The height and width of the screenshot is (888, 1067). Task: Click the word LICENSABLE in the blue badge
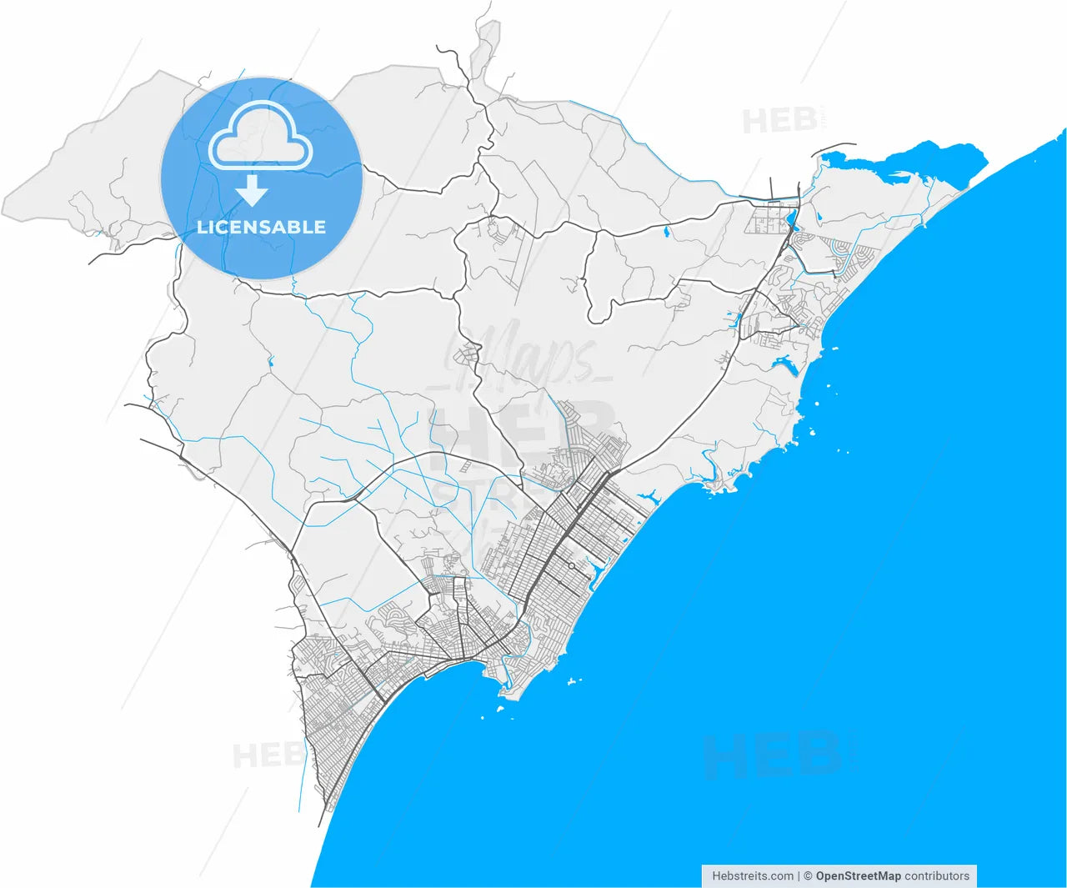(261, 227)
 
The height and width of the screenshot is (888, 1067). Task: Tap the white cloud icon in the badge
(260, 138)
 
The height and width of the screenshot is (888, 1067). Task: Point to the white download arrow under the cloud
(251, 193)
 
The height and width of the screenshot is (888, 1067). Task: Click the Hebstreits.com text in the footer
(753, 876)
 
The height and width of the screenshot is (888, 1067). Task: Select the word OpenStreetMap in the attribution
(858, 876)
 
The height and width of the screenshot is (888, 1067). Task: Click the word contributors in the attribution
(937, 876)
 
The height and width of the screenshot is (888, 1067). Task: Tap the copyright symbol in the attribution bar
(807, 876)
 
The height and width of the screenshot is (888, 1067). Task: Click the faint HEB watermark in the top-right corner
(780, 121)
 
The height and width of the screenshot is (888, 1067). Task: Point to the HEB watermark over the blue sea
(771, 755)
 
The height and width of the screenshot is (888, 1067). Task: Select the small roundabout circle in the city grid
(571, 566)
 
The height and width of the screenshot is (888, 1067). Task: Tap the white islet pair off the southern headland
(573, 682)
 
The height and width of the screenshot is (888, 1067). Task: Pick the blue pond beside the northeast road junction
(790, 223)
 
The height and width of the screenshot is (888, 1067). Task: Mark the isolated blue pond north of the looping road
(666, 233)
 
